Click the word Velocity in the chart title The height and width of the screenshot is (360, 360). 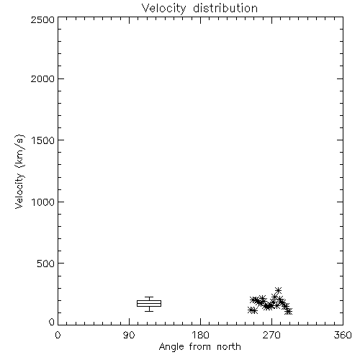click(x=164, y=9)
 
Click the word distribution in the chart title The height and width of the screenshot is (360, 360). click(x=225, y=8)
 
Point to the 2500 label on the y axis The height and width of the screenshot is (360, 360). click(x=42, y=19)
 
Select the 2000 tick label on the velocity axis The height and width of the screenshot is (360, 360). click(x=42, y=79)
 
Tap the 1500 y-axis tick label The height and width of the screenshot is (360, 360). click(x=43, y=140)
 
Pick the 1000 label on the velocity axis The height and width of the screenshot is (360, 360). click(x=43, y=202)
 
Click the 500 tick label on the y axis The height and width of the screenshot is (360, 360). click(x=46, y=264)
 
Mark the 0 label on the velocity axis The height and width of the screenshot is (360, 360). click(x=52, y=322)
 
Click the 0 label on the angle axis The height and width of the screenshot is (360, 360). click(x=58, y=335)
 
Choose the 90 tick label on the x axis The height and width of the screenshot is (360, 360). click(x=129, y=335)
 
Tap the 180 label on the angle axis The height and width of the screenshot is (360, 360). click(x=200, y=335)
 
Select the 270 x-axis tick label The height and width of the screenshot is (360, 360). click(x=271, y=335)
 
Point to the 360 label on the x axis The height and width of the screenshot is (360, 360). click(x=343, y=335)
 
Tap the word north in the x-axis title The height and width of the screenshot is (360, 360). click(x=229, y=347)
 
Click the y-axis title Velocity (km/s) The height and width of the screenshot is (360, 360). click(x=19, y=171)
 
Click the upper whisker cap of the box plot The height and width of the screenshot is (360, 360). click(x=149, y=297)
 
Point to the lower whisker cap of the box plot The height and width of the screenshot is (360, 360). click(x=149, y=311)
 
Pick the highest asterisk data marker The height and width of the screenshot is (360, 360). click(x=278, y=290)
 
